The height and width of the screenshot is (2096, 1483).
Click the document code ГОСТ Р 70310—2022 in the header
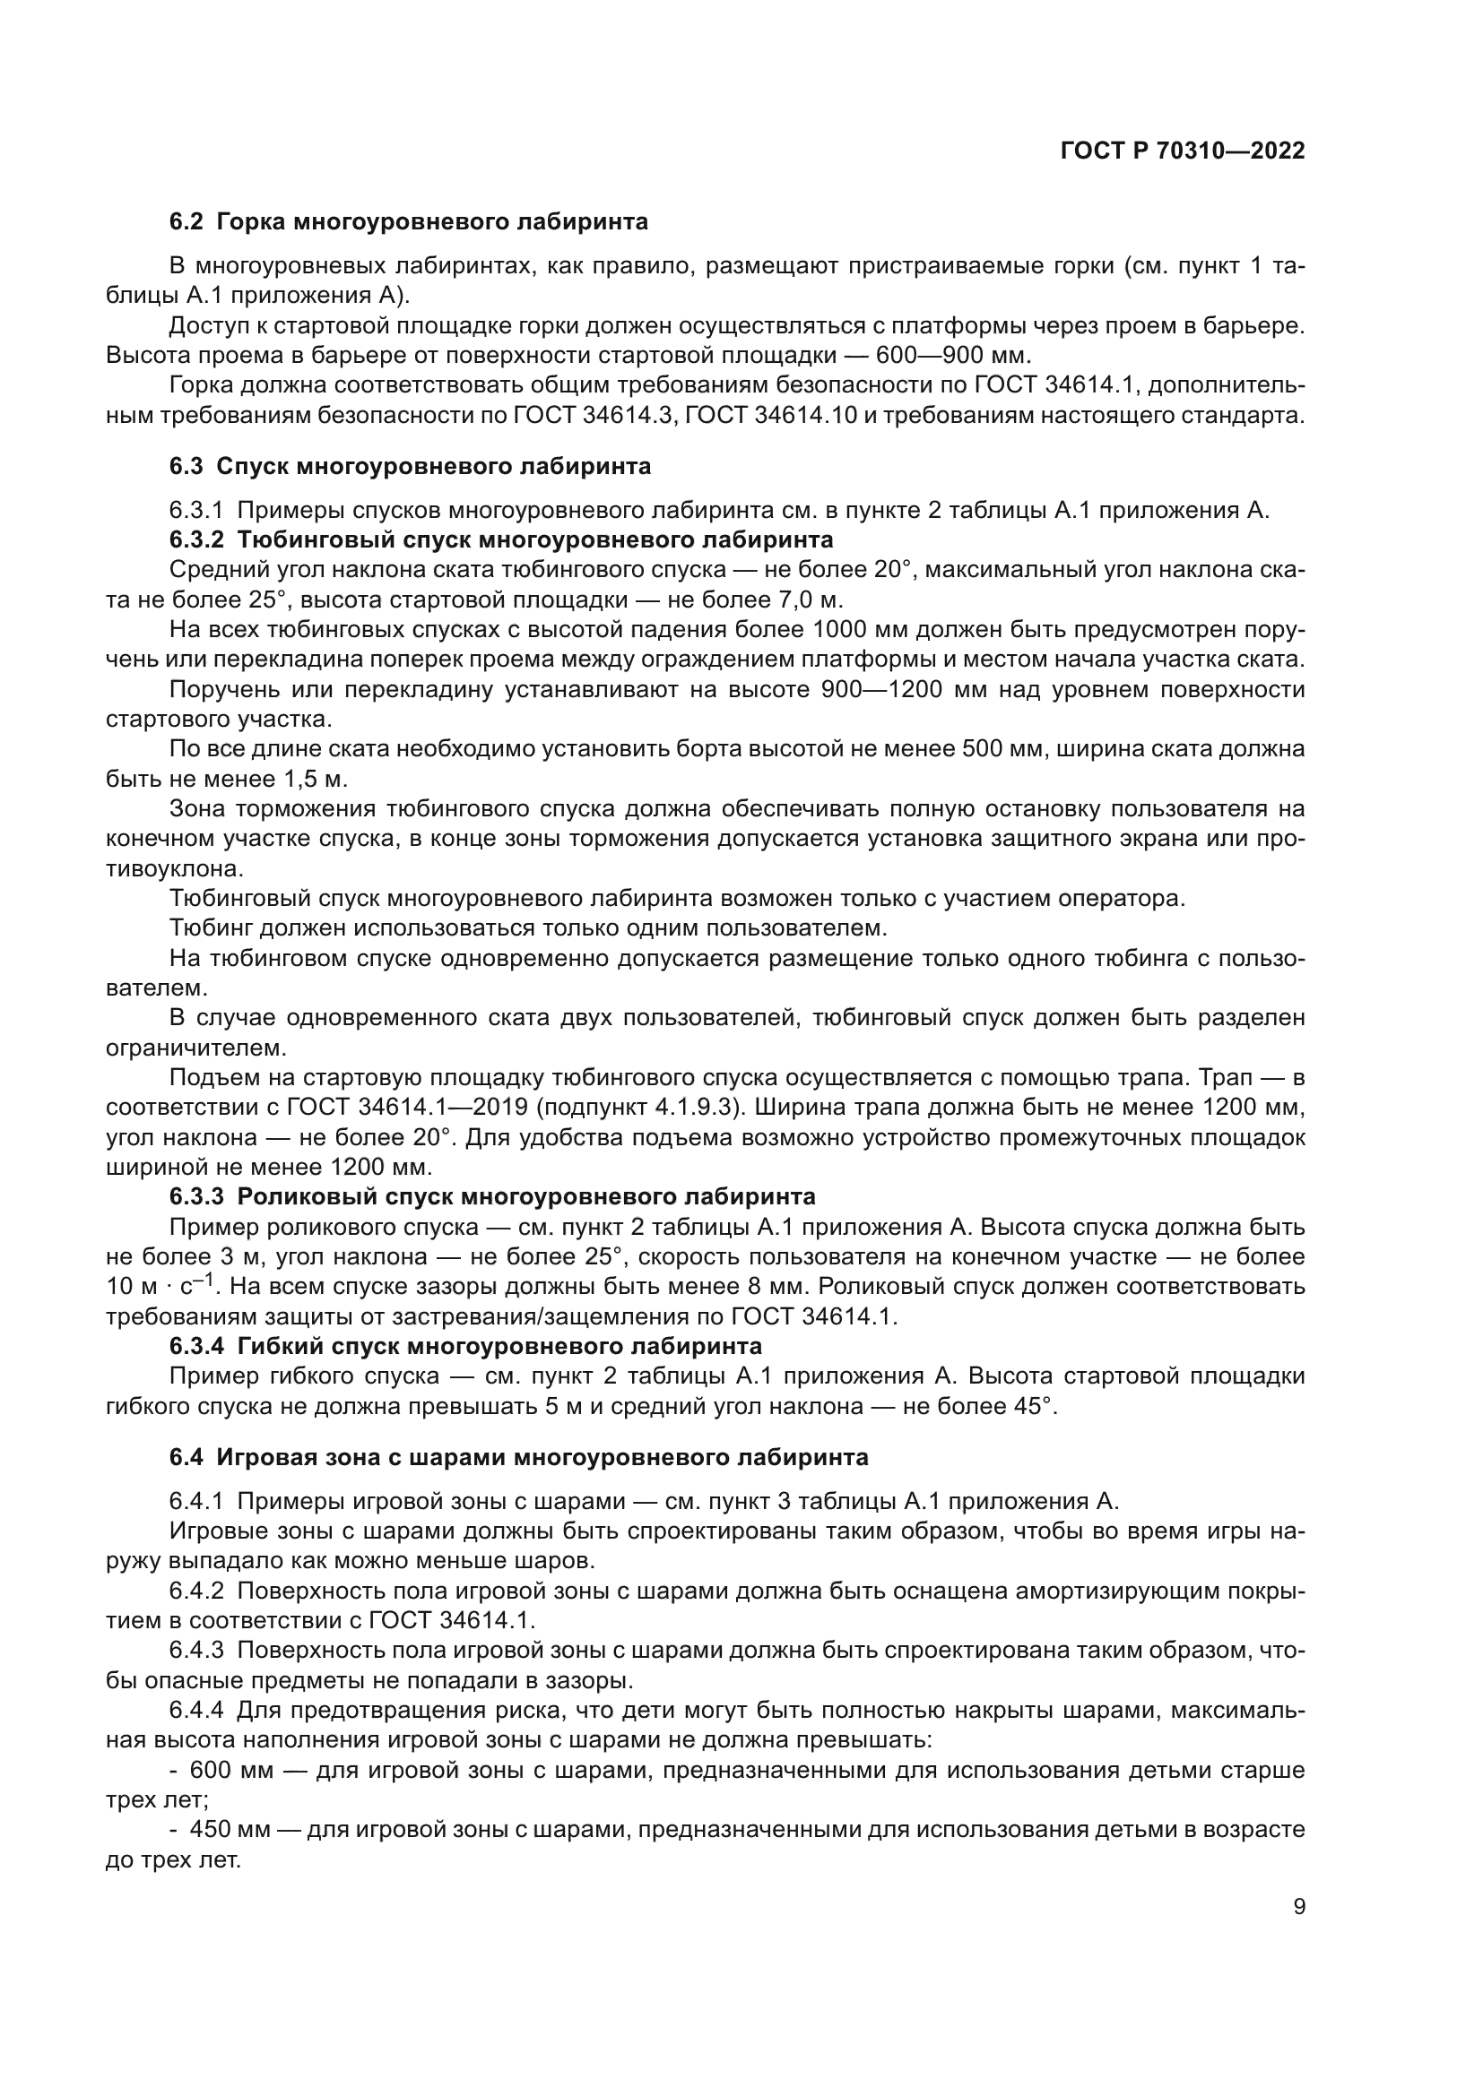pyautogui.click(x=1183, y=151)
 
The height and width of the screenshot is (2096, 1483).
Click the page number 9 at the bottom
pyautogui.click(x=1298, y=1907)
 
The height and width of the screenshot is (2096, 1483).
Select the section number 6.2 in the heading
pyautogui.click(x=186, y=222)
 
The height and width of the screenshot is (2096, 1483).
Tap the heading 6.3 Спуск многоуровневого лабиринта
pyautogui.click(x=410, y=467)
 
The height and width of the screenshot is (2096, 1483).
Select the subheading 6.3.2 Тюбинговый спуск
pyautogui.click(x=500, y=539)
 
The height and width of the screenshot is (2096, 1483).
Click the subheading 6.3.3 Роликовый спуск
pyautogui.click(x=492, y=1196)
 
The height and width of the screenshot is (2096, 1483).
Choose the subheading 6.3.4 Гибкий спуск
pyautogui.click(x=464, y=1346)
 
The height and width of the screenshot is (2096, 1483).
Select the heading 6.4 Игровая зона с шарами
pyautogui.click(x=517, y=1457)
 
